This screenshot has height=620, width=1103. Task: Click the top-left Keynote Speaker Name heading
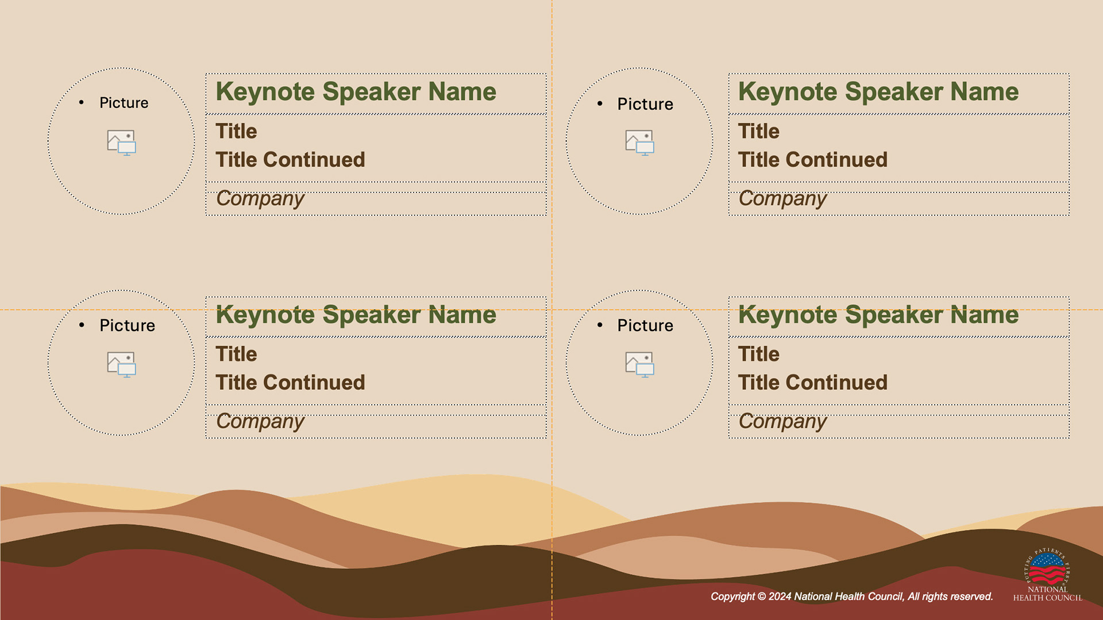point(356,92)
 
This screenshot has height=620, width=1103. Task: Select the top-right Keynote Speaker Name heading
point(878,92)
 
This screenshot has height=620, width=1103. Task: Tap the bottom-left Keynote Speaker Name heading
point(356,315)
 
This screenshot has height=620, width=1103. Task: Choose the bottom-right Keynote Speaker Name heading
point(878,315)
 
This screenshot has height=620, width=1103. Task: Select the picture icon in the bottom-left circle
point(122,365)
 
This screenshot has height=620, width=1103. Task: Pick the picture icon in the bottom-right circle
point(640,365)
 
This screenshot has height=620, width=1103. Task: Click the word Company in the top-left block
point(260,199)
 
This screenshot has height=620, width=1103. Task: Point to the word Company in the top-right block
point(782,199)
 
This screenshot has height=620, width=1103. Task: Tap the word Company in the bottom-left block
point(260,422)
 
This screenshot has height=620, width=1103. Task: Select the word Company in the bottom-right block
point(782,422)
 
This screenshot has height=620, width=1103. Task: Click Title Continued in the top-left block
point(291,160)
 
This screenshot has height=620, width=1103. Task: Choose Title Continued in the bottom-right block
point(813,382)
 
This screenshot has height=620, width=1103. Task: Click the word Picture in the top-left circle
point(124,103)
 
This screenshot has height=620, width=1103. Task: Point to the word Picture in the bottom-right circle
point(645,325)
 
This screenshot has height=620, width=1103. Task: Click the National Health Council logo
point(1048,575)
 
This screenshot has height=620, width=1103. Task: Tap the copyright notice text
point(852,596)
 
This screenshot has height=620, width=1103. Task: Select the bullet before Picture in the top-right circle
point(600,103)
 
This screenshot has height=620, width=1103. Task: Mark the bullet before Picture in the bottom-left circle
point(82,325)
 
